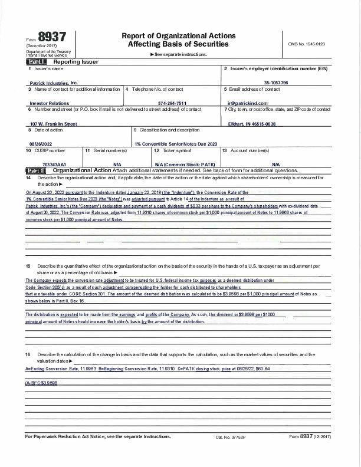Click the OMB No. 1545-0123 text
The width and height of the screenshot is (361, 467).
pyautogui.click(x=306, y=44)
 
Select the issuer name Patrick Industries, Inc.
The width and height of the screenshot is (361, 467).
pyautogui.click(x=53, y=83)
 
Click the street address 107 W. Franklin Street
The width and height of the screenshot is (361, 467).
pyautogui.click(x=54, y=124)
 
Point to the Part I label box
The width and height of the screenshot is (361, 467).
pyautogui.click(x=36, y=61)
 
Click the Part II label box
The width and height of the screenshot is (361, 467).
pyautogui.click(x=37, y=170)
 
